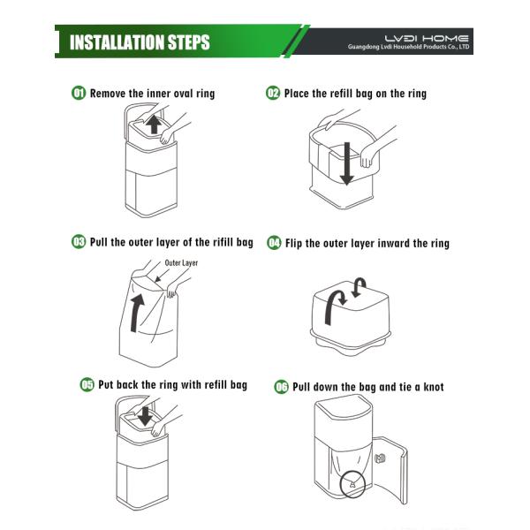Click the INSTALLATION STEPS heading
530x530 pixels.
pos(140,42)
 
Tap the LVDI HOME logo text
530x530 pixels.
pos(427,39)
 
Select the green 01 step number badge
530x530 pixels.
pos(79,93)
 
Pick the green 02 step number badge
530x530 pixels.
pos(273,93)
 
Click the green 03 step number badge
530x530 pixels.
pos(79,242)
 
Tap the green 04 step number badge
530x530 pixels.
pos(274,243)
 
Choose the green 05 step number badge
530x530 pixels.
pos(87,384)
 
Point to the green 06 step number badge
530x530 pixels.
pos(281,387)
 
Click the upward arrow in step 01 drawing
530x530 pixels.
pos(154,124)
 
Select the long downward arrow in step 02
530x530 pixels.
pos(347,163)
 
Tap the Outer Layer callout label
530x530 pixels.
pos(181,263)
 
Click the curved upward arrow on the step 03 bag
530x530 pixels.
pos(137,313)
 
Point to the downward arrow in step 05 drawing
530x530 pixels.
pos(146,416)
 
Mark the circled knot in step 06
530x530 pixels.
pos(352,485)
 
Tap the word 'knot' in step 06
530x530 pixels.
pos(434,387)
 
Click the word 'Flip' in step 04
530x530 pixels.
pos(294,244)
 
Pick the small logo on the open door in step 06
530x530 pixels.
pos(380,458)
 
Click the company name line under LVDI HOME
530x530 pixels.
pos(408,47)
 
